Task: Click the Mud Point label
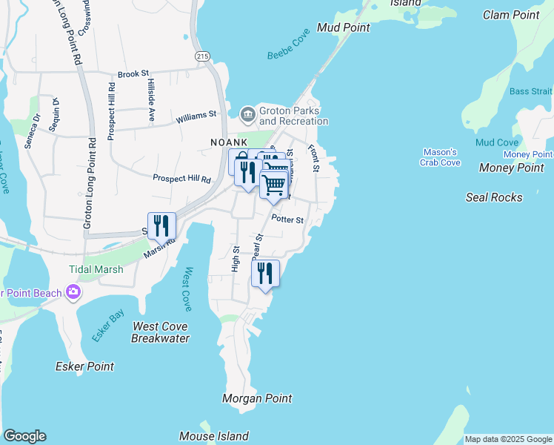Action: click(343, 27)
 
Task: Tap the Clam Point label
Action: click(511, 15)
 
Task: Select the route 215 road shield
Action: click(202, 56)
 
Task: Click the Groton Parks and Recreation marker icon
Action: click(247, 113)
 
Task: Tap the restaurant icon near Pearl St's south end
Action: click(264, 272)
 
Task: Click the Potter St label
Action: click(287, 220)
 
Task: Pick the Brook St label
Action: click(134, 75)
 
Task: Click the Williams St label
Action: click(196, 116)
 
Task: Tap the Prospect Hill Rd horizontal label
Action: click(181, 179)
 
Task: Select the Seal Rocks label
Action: click(494, 197)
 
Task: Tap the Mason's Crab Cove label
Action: click(440, 157)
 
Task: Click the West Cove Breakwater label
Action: click(160, 332)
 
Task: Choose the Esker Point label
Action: click(85, 366)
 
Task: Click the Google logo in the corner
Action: click(24, 436)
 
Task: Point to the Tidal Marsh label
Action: click(96, 269)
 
